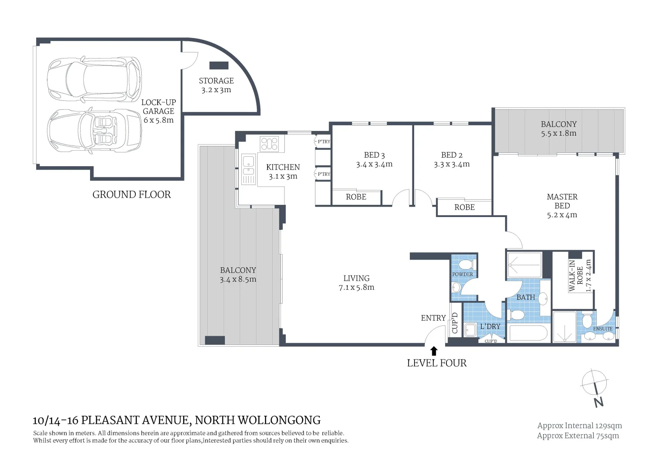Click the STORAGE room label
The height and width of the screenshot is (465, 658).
[216, 81]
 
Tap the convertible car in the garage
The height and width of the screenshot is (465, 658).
[95, 131]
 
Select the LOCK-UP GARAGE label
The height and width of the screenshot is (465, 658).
[159, 107]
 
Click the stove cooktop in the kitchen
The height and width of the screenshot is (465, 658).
[269, 144]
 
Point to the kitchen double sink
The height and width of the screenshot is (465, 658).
[249, 169]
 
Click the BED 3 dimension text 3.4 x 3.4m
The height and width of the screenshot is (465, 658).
[374, 164]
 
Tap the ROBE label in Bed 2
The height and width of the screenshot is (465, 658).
[465, 207]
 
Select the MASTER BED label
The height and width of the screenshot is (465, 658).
[562, 201]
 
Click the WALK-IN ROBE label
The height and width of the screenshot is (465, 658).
[576, 276]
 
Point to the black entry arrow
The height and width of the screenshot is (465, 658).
[434, 351]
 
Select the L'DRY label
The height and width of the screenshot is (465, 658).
[490, 326]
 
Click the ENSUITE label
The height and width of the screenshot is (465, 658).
[603, 329]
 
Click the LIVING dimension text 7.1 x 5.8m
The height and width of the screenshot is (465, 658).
[356, 288]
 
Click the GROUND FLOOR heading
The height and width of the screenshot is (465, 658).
[131, 195]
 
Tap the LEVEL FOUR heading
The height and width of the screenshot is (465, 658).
[437, 363]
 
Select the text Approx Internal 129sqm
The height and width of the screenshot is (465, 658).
[579, 425]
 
